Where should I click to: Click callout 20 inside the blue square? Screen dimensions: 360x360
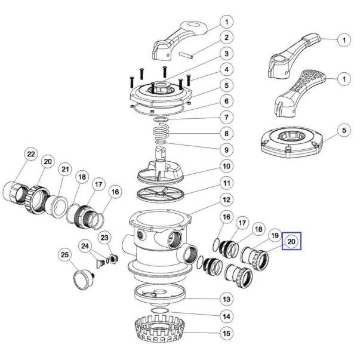click(x=292, y=241)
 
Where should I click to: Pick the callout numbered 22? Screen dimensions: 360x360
click(x=30, y=154)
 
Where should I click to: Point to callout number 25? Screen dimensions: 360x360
click(x=64, y=254)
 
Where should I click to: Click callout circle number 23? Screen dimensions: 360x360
click(x=105, y=238)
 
